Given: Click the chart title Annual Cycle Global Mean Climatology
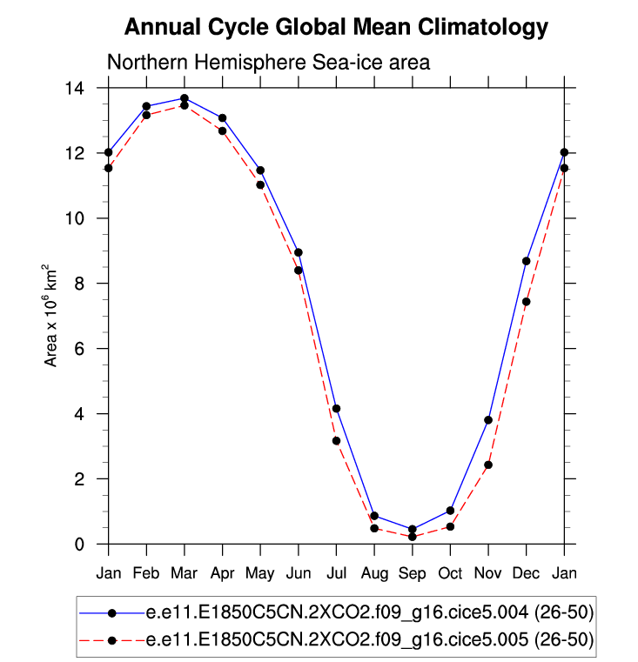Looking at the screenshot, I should [x=336, y=28].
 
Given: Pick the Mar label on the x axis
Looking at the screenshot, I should [x=184, y=572].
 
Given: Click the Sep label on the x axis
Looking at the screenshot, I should [x=412, y=572].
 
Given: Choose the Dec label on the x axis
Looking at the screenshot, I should [x=526, y=572].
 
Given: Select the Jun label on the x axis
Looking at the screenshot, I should [x=298, y=572].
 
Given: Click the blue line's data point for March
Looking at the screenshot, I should [x=185, y=98].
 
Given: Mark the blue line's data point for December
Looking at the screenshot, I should [x=527, y=261].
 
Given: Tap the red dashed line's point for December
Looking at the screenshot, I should [x=527, y=302].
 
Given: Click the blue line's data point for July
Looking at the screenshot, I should [x=336, y=409].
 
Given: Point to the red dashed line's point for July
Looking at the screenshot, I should [x=336, y=441].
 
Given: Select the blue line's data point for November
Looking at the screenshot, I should [x=488, y=420].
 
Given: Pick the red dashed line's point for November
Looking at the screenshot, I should [x=488, y=465].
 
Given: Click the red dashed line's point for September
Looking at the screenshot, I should [x=413, y=537].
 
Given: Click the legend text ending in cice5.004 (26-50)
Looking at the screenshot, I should [x=370, y=613].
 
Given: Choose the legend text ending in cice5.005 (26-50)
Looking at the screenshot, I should [x=370, y=641].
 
